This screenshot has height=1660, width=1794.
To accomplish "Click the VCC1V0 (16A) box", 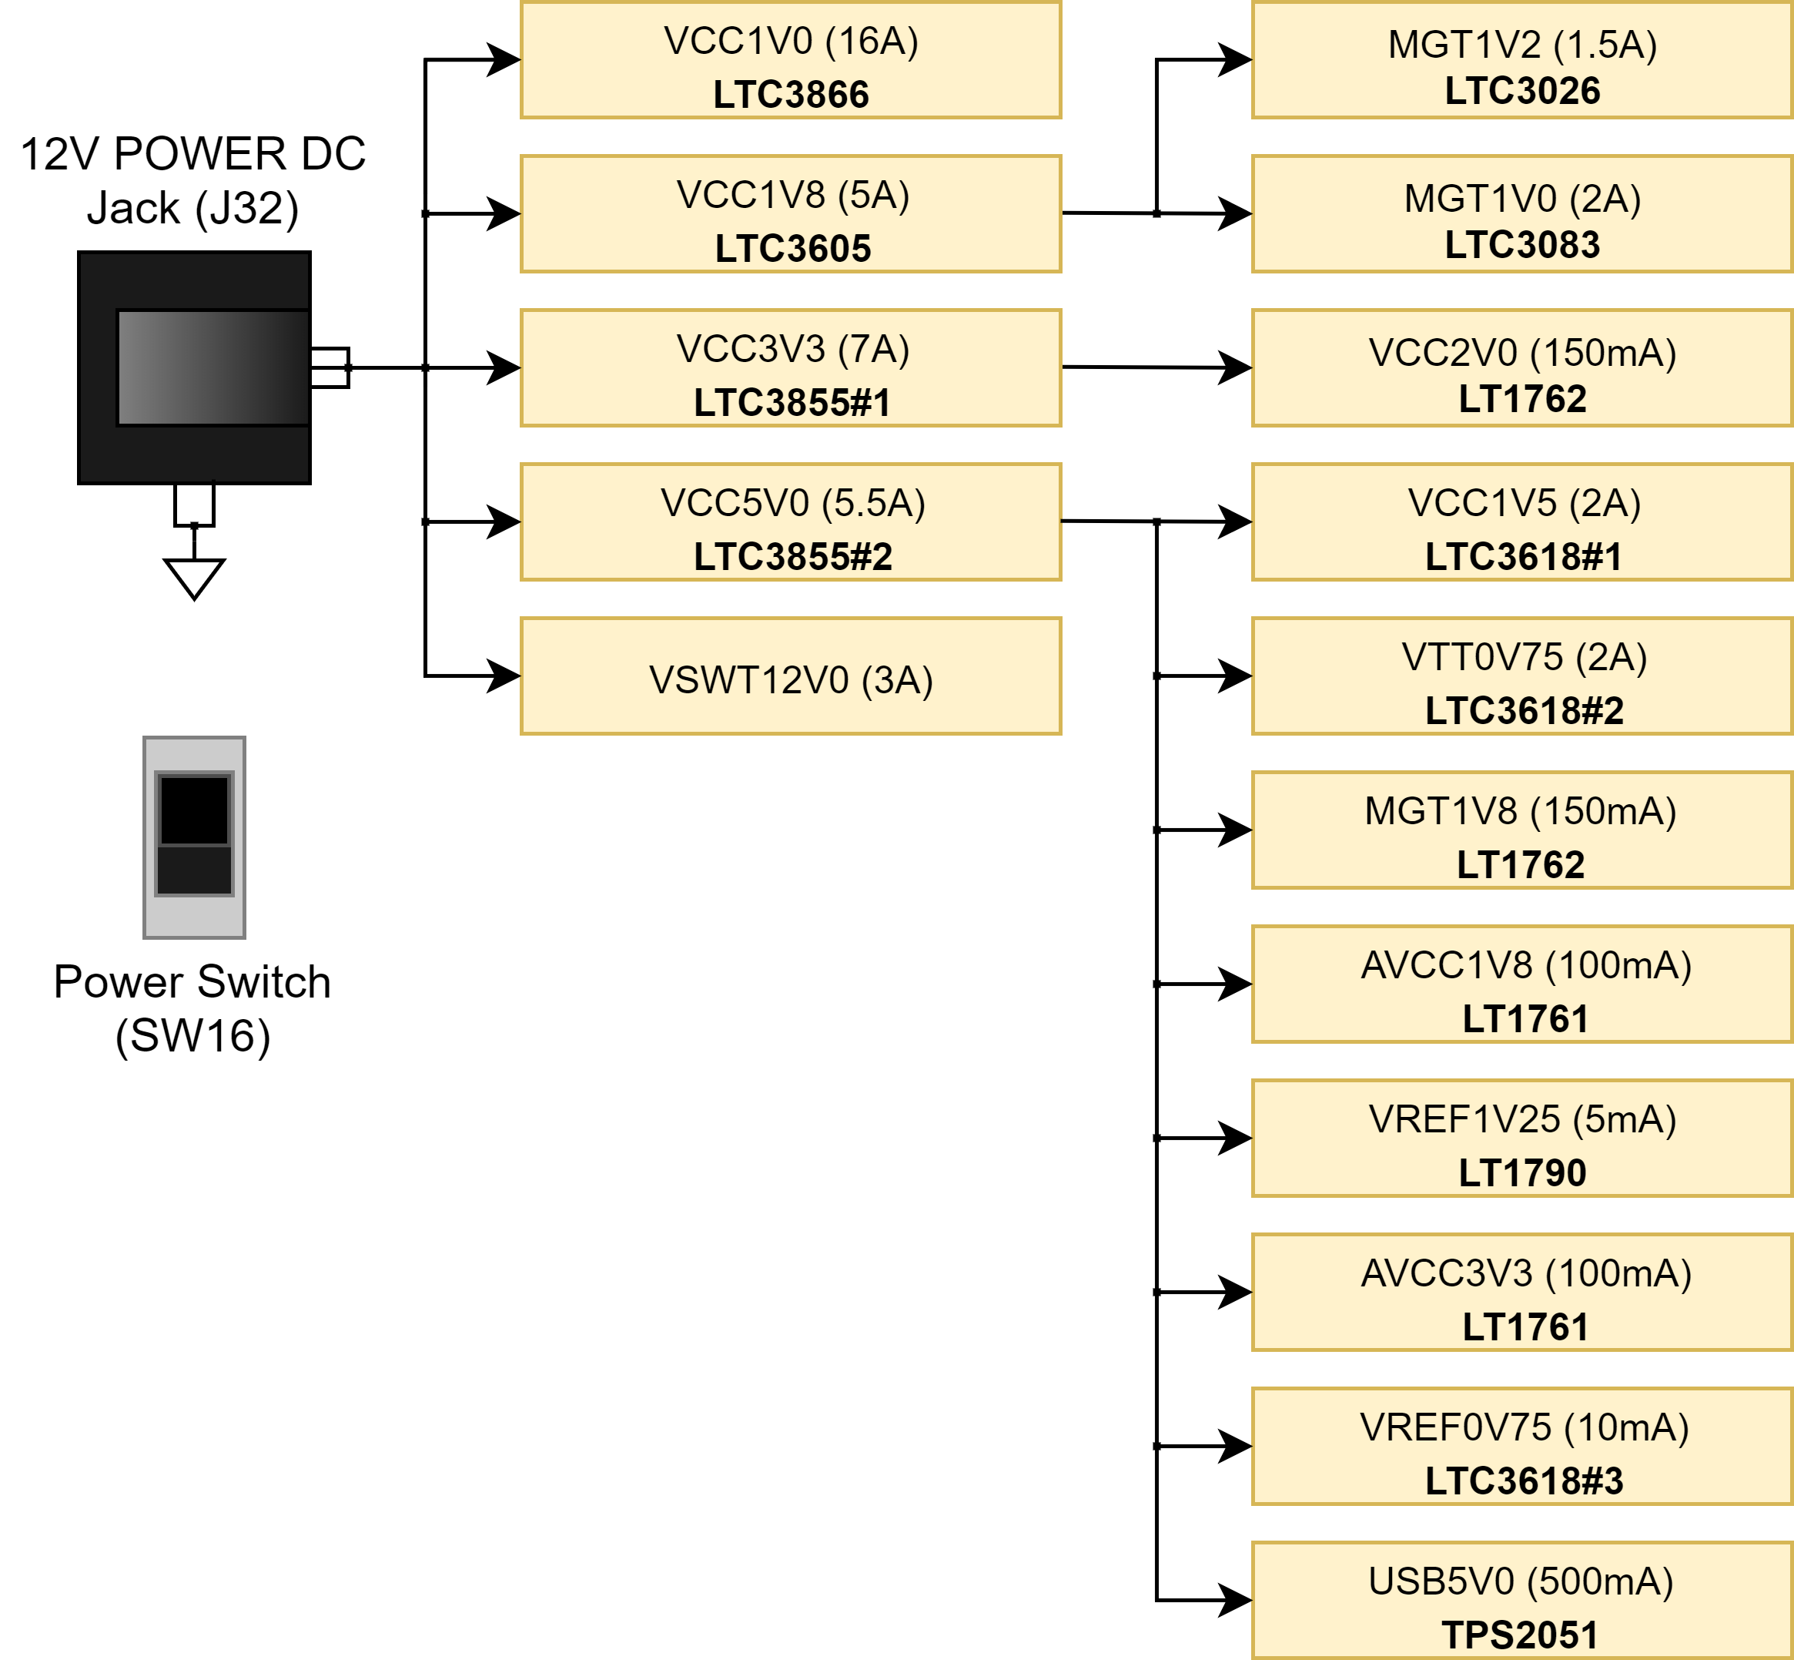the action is pos(790,59).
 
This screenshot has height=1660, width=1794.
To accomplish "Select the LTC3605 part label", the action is pos(793,249).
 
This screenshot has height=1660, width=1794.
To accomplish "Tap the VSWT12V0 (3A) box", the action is pos(790,676).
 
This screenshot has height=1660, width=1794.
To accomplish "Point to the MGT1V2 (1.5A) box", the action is pos(1522,59).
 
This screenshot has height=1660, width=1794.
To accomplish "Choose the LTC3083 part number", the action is pos(1522,244).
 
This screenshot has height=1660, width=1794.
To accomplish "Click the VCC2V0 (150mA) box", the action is pos(1522,367).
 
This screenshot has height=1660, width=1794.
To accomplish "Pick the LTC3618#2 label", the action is pos(1524,710).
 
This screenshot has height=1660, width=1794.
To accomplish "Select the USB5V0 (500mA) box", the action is pos(1522,1600).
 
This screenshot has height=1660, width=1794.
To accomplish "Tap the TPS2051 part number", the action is pos(1519,1635).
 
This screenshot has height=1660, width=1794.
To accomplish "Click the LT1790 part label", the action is pos(1522,1172).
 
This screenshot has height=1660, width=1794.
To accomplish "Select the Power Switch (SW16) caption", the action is pos(192,1008).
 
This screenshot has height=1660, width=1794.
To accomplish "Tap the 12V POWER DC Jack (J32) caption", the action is pos(193,180).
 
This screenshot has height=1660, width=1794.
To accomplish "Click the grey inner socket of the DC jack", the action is pos(213,367).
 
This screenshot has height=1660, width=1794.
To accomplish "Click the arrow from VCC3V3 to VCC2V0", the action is pos(1156,367).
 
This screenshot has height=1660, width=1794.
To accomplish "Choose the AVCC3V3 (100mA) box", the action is pos(1522,1292).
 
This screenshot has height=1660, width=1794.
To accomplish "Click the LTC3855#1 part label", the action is pos(792,402).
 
